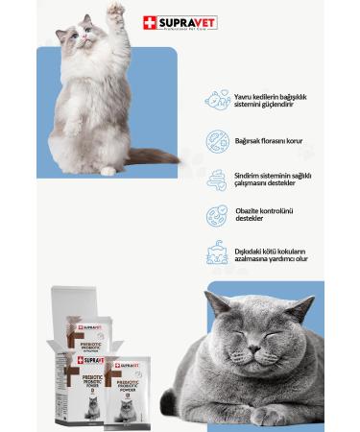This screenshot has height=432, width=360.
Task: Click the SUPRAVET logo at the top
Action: tap(180, 22)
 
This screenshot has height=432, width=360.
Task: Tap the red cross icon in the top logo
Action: tap(149, 22)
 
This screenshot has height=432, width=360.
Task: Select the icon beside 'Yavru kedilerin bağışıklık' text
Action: tap(217, 100)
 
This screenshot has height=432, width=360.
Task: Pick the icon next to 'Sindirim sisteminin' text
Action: tap(217, 180)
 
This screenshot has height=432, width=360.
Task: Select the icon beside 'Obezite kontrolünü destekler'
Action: tap(217, 216)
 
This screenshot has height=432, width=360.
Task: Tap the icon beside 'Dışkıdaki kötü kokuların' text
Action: tap(217, 254)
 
